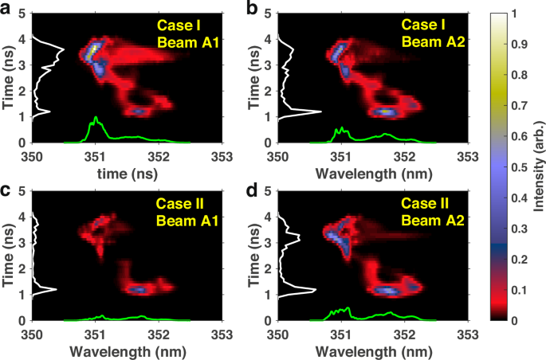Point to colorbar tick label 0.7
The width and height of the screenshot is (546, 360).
click(x=519, y=105)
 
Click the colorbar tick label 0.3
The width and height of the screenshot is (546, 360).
click(x=519, y=228)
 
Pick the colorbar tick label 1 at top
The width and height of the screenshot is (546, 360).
click(x=515, y=14)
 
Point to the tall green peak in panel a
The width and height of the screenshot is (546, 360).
click(x=96, y=119)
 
